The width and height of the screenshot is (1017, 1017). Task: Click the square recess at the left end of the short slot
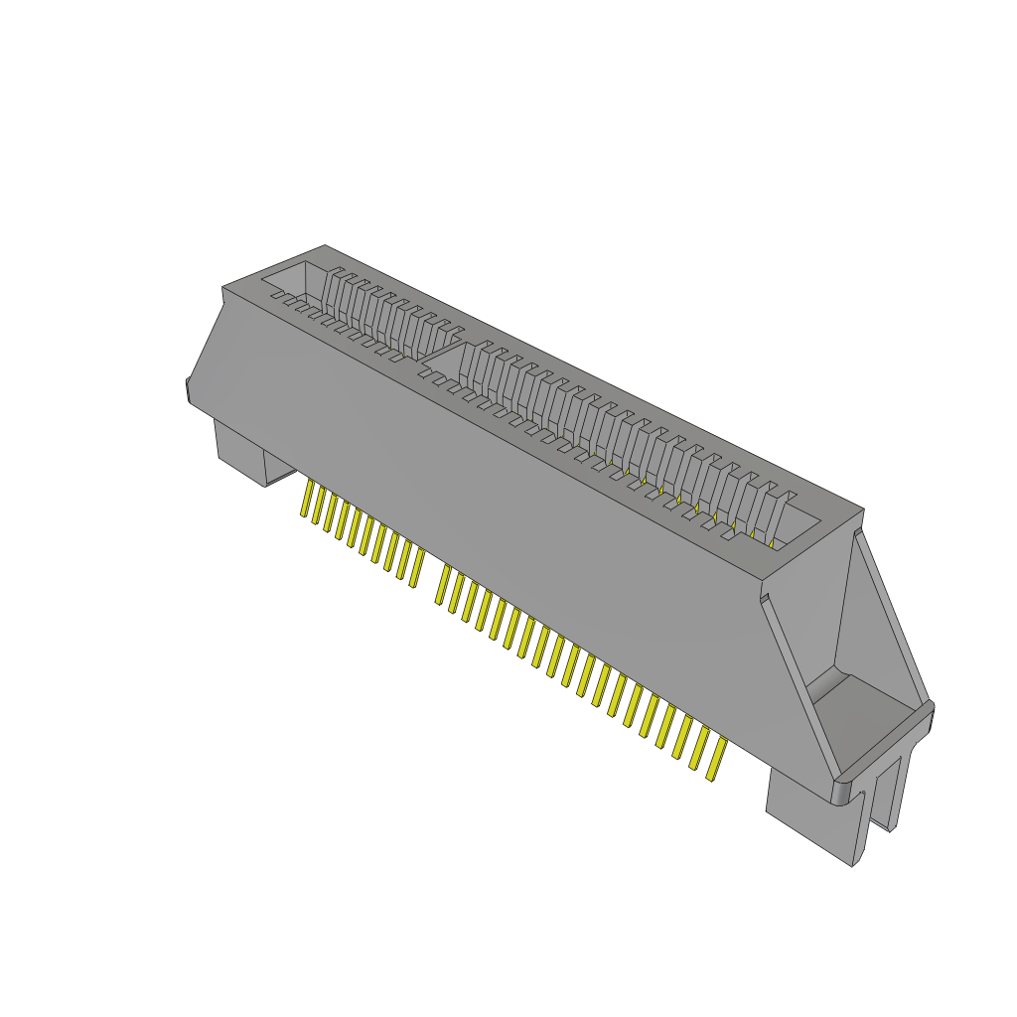tap(294, 278)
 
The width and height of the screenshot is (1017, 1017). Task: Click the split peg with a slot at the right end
tap(894, 785)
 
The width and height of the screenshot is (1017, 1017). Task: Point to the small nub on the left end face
tap(187, 389)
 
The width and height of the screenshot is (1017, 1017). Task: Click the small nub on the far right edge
tap(932, 715)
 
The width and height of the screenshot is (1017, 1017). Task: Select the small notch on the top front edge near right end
tap(766, 597)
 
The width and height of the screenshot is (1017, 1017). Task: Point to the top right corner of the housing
tap(862, 510)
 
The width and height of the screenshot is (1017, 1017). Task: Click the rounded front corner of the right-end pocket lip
tap(842, 791)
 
